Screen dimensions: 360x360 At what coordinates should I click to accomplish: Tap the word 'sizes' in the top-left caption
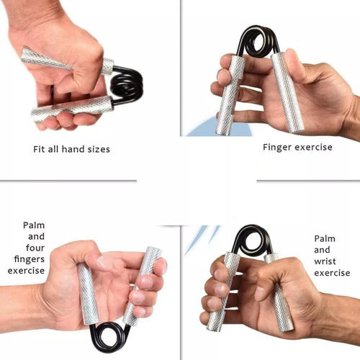[106, 149]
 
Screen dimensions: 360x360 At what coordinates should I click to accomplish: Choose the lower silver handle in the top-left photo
[72, 108]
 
